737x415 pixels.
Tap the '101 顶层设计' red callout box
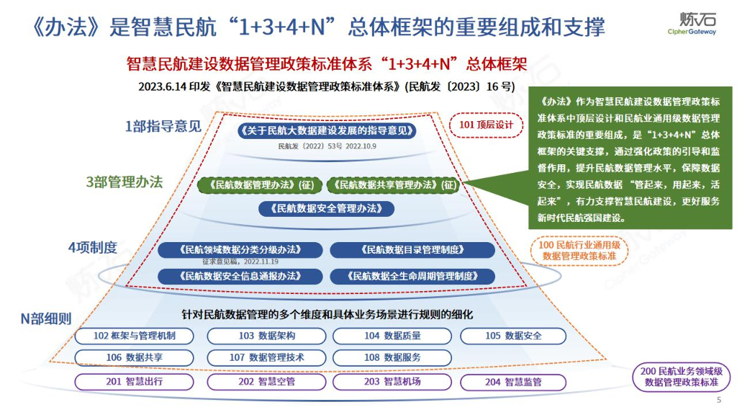click(486, 125)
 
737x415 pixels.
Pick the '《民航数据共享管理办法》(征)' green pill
click(394, 185)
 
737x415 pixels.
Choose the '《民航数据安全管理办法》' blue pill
click(327, 209)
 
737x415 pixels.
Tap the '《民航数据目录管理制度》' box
click(412, 250)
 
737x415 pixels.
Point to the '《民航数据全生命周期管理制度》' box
click(412, 275)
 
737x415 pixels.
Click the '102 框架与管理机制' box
click(135, 336)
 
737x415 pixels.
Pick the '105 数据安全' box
click(513, 336)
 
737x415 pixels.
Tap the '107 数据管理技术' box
click(267, 357)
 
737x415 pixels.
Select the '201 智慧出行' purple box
click(135, 382)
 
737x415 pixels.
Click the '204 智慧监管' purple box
click(513, 382)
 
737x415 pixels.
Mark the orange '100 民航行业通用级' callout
click(579, 251)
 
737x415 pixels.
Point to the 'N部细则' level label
click(46, 318)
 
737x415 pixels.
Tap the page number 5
click(718, 401)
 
